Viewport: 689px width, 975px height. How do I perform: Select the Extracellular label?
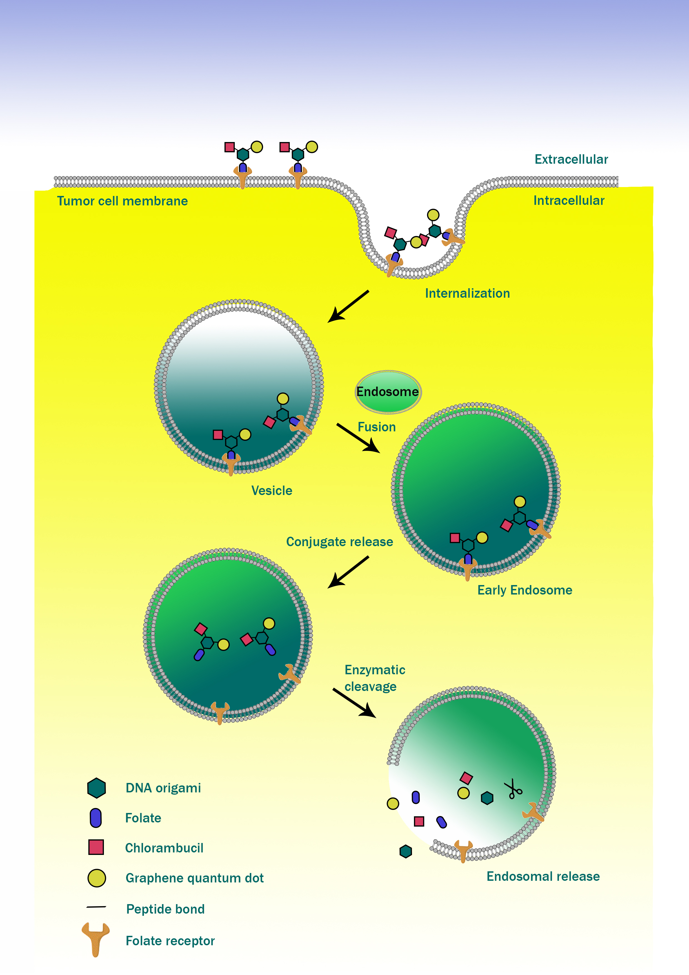(x=571, y=159)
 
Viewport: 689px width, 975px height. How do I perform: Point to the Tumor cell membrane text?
(x=122, y=201)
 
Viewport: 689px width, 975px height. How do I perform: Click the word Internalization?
(x=467, y=294)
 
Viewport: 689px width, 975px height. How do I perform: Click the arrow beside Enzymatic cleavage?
(x=354, y=703)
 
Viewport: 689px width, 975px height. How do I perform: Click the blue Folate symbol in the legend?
(x=96, y=818)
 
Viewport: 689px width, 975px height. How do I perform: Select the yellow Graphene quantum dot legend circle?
(x=97, y=878)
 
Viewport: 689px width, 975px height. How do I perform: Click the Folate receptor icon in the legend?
(x=96, y=939)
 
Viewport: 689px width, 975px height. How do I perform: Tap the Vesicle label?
(x=272, y=491)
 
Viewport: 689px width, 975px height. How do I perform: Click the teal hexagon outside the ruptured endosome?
(x=406, y=851)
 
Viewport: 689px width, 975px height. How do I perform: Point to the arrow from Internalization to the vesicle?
(x=348, y=307)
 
